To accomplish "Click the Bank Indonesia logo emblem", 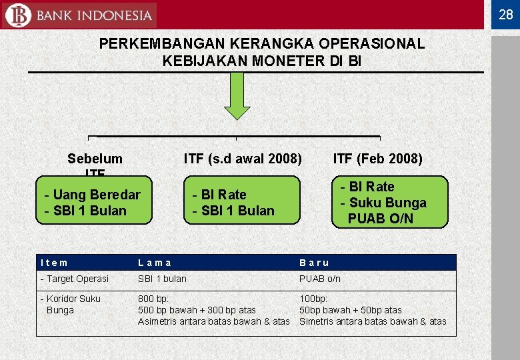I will click(17, 15).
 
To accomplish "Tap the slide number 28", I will click(505, 14).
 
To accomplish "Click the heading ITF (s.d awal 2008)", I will click(243, 159).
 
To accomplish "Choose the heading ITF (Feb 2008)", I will click(377, 159).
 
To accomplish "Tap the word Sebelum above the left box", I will click(95, 159).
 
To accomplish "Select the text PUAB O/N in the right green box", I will click(380, 219).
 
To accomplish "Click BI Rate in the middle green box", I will click(219, 195).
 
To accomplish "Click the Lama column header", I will click(154, 263).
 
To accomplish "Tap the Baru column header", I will click(314, 263).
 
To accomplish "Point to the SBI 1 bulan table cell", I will click(162, 279).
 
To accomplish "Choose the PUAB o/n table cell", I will click(319, 279).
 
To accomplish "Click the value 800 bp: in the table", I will click(153, 299).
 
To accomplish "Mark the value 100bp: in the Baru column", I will click(313, 299).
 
